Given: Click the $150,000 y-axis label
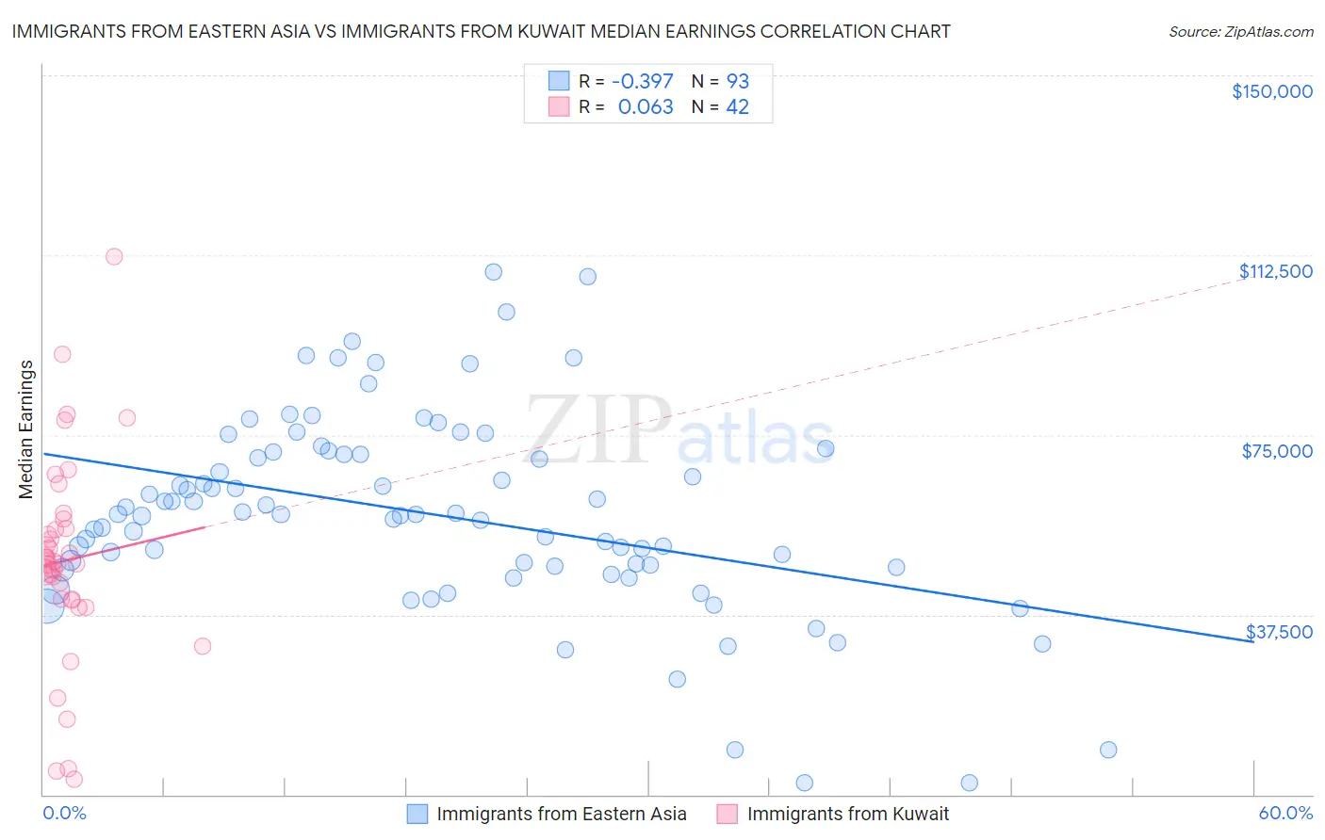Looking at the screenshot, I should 1271,91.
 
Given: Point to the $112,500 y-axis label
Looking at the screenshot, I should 1275,271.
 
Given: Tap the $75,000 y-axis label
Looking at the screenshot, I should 1277,451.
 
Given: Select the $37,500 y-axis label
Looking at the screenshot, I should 1279,632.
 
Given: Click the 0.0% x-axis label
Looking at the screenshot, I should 64,813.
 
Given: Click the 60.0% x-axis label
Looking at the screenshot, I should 1285,813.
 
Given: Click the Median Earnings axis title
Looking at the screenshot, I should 26,429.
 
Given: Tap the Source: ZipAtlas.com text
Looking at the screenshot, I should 1240,32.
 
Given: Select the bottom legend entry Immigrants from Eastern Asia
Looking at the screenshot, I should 561,814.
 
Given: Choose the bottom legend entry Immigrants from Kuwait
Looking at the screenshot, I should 847,814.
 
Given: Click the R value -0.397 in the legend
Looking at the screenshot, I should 642,81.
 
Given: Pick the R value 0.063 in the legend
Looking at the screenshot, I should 646,107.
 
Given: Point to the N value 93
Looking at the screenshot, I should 737,81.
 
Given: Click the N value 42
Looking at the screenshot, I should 737,107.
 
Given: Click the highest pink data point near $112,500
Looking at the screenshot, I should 114,256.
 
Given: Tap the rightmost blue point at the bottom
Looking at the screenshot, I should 1108,750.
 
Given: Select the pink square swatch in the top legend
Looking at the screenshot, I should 559,107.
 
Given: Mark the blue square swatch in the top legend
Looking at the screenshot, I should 559,81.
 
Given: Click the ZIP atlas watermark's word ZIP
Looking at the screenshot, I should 598,429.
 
